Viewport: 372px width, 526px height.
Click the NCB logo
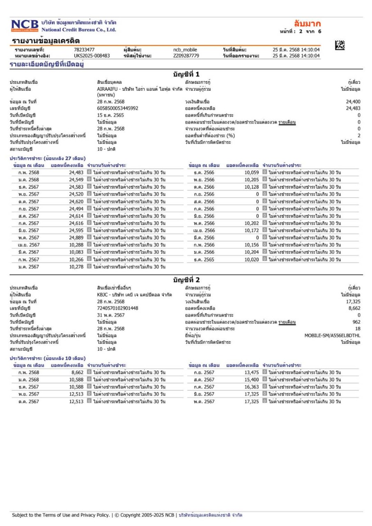tap(25, 25)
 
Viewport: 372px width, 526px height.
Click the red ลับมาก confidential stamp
tap(308, 23)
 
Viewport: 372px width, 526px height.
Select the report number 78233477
tap(84, 50)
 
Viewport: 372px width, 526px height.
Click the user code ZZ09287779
tap(186, 55)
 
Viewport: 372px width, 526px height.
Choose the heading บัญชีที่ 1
tap(186, 74)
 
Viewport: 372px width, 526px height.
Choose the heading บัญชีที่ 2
tap(186, 280)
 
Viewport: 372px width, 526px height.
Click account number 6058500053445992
tap(117, 108)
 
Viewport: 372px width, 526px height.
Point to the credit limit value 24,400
tap(353, 102)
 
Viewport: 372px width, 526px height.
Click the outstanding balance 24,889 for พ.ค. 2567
tap(76, 238)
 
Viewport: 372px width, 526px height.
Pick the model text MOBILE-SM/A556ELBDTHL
tap(332, 335)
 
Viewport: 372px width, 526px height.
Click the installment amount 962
tap(356, 322)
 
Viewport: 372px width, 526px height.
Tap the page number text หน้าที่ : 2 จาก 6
tap(299, 31)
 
